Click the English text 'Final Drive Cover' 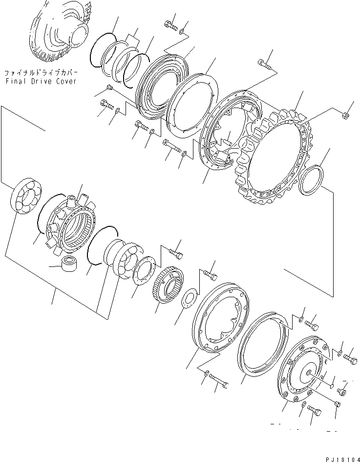(x=41, y=81)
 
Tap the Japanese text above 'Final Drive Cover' (x=41, y=72)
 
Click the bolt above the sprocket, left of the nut (x=264, y=63)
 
